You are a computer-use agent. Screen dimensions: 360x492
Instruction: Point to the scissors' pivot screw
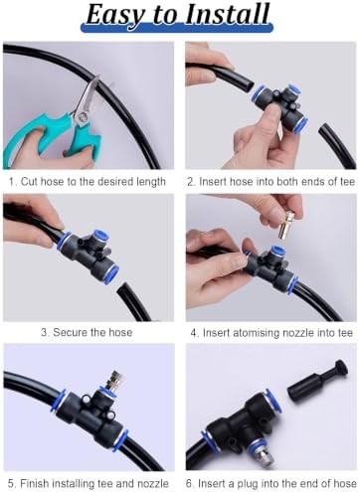(x=83, y=116)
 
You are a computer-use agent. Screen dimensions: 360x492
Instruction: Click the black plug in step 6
(x=318, y=378)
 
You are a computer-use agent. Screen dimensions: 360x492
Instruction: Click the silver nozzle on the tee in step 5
(x=114, y=381)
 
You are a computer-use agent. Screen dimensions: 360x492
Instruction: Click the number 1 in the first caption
(x=12, y=182)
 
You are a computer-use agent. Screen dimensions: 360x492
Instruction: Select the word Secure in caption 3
(x=69, y=332)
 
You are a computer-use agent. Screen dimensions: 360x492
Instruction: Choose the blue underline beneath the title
(x=177, y=27)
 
